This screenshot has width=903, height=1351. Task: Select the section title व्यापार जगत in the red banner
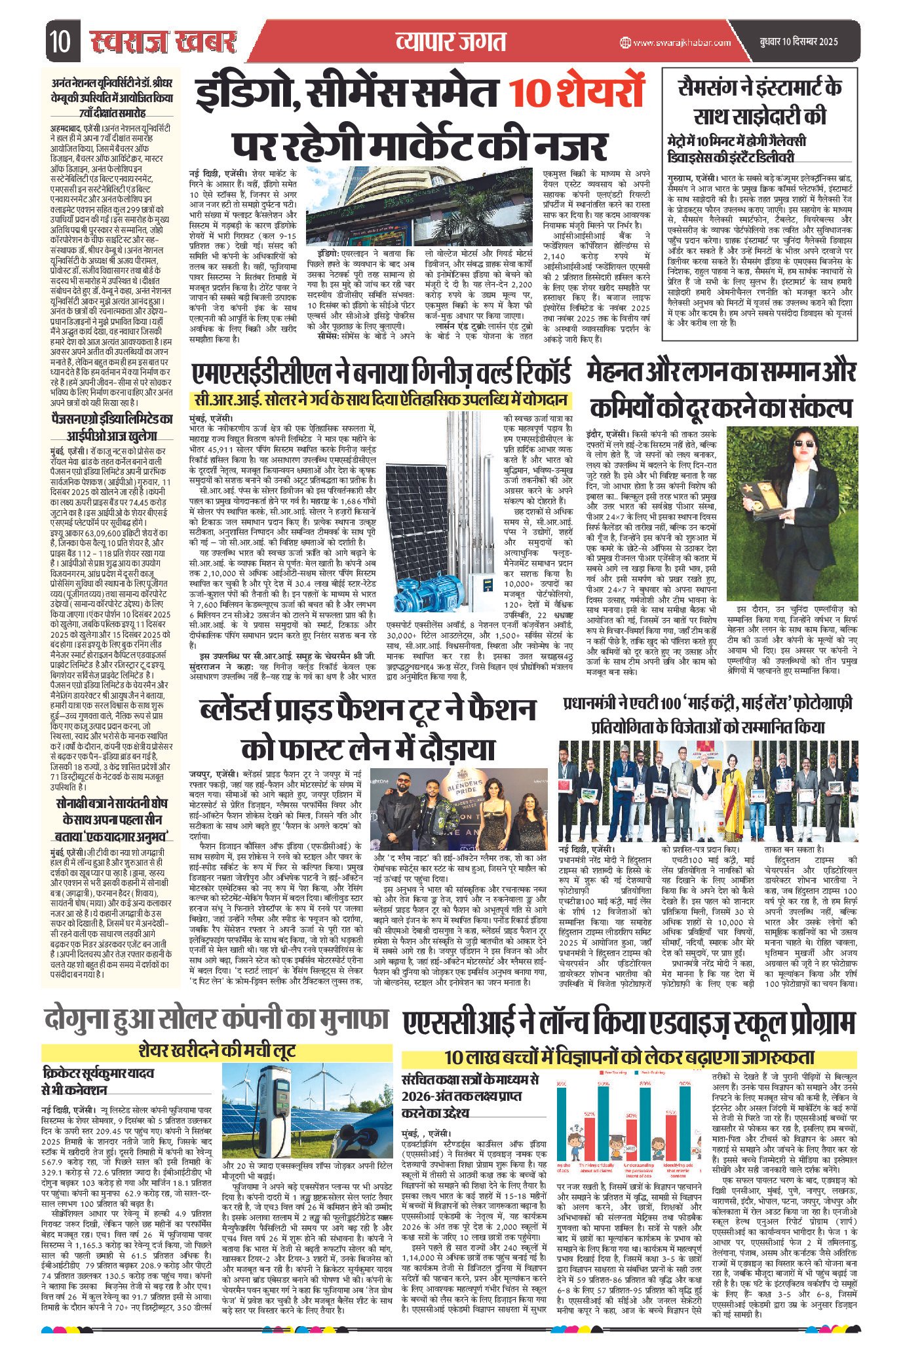click(x=451, y=41)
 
